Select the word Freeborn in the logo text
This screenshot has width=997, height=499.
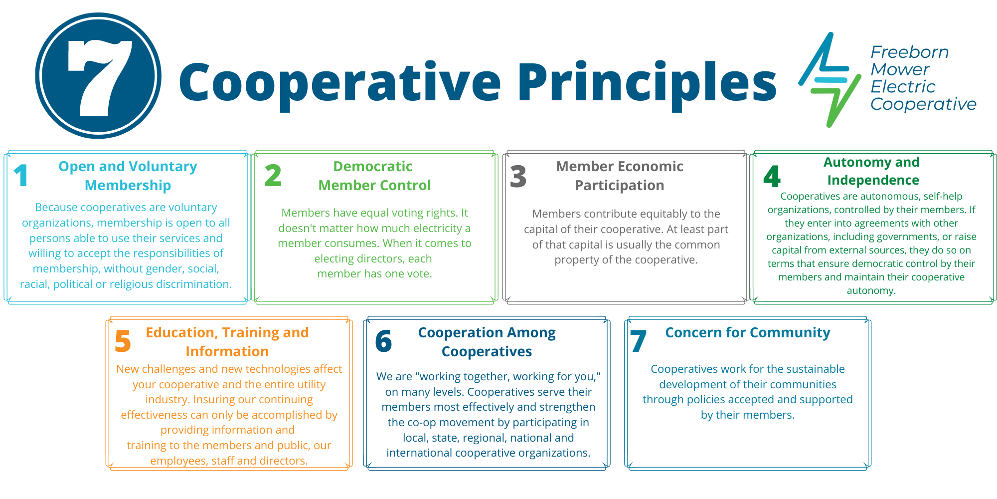coord(909,52)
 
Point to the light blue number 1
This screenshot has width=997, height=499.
coord(21,176)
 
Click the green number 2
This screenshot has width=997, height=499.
coord(273,176)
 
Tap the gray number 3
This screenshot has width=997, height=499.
coord(518,176)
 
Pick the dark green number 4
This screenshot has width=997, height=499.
coord(772,177)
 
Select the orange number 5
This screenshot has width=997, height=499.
coord(123,342)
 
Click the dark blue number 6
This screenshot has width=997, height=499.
coord(383,342)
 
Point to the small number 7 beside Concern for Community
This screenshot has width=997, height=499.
coord(638,341)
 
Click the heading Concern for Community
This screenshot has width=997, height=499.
coord(747,333)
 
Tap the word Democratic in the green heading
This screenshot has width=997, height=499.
coord(372,166)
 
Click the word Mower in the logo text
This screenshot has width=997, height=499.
coord(900,69)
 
